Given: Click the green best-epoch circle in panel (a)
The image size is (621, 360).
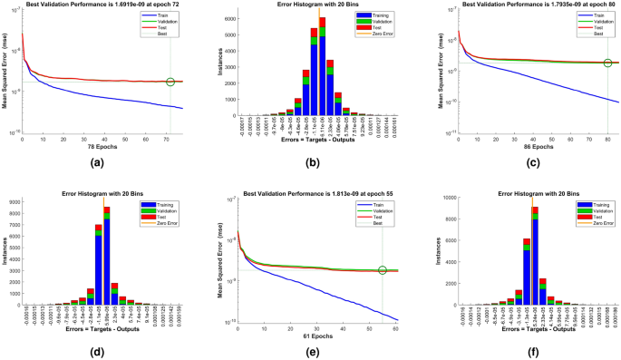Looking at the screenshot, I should pos(170,83).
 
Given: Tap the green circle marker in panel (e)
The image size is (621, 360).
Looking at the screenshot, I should pos(383,270).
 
